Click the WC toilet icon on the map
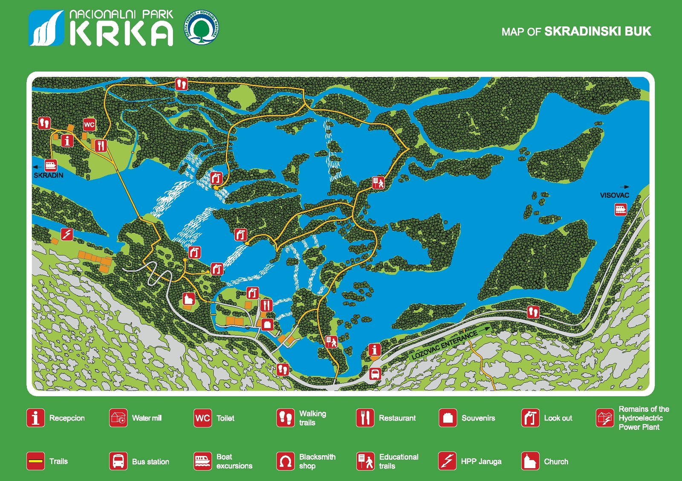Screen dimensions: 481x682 (x=89, y=125)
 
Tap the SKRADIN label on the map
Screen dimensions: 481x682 (x=49, y=175)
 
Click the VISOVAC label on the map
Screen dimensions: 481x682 (x=614, y=195)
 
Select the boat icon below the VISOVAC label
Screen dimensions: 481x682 (x=621, y=209)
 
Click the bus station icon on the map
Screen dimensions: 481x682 (x=375, y=374)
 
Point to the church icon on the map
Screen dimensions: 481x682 (x=189, y=298)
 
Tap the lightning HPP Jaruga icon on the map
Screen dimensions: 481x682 (x=67, y=234)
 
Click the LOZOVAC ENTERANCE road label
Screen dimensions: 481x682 (x=444, y=345)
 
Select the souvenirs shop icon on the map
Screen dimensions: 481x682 (x=267, y=325)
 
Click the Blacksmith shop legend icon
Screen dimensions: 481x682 (x=285, y=461)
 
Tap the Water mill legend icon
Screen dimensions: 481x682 (x=118, y=418)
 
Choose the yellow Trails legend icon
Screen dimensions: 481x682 (x=36, y=461)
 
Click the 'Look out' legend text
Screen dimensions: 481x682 (x=558, y=418)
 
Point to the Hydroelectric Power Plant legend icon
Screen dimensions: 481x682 (x=604, y=418)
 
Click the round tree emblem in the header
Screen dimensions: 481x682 (x=203, y=28)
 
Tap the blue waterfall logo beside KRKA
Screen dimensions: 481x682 (x=46, y=28)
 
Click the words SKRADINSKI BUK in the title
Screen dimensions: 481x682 (x=598, y=32)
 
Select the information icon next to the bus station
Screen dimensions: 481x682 (x=374, y=350)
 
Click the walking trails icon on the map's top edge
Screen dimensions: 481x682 (x=182, y=84)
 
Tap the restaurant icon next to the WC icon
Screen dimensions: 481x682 (x=101, y=146)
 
